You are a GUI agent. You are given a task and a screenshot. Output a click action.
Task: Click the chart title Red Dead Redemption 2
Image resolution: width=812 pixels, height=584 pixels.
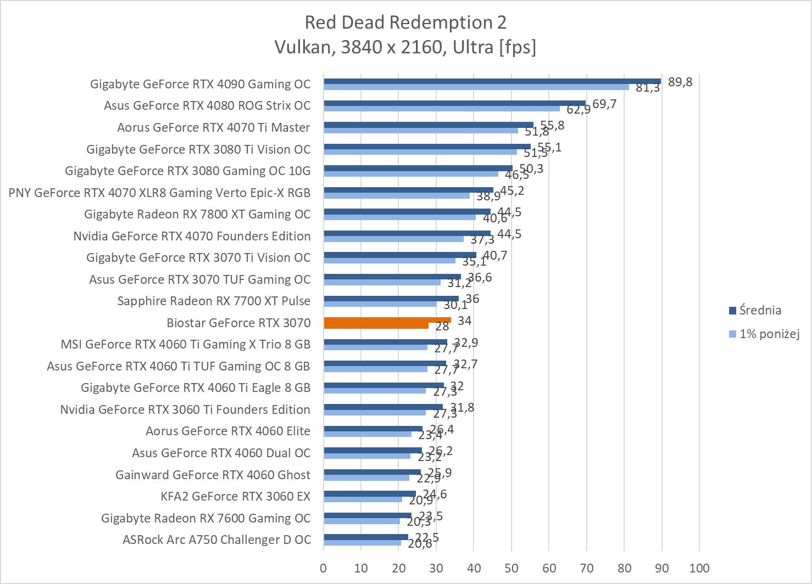405,23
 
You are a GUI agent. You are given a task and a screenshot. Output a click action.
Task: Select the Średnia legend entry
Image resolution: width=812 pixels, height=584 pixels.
760,311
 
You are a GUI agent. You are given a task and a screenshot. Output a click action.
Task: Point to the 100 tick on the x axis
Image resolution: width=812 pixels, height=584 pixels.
699,568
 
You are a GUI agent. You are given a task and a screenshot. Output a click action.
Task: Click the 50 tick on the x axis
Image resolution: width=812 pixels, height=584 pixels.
511,568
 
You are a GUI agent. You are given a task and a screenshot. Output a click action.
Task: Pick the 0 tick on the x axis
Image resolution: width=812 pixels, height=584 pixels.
324,568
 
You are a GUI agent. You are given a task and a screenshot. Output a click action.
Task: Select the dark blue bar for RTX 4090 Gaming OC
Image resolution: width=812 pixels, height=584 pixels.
492,81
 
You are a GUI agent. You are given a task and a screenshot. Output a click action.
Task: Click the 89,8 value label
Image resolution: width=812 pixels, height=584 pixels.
680,82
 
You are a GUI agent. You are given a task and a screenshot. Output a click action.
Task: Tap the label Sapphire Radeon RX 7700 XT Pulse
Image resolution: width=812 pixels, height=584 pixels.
214,301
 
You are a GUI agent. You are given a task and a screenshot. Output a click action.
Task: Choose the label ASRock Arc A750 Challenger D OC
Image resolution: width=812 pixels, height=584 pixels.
216,540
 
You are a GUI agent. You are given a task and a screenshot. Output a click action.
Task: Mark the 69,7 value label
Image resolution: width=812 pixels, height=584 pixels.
604,104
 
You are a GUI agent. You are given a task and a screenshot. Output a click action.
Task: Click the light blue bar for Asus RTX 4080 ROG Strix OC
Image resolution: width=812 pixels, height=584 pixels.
442,109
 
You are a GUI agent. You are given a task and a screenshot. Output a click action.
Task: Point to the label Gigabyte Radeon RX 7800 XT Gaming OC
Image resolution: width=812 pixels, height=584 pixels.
197,215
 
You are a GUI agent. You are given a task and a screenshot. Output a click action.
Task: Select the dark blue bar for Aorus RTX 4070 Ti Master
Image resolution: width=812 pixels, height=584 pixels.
429,125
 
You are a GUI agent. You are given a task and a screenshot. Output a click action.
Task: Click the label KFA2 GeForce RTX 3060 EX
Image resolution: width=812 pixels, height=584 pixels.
235,497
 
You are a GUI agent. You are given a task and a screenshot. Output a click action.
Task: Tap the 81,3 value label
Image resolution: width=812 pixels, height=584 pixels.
648,88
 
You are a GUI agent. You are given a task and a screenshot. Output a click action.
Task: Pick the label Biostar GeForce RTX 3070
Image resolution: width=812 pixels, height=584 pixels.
238,323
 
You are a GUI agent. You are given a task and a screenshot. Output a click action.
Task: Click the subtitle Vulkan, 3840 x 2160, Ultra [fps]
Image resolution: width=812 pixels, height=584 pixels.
405,47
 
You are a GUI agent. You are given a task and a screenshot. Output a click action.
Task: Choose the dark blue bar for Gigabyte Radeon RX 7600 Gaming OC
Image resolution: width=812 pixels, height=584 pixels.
368,515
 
